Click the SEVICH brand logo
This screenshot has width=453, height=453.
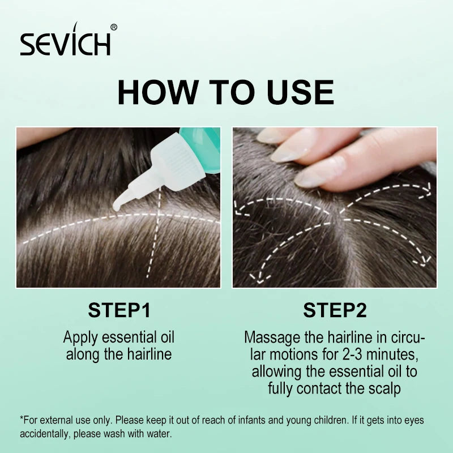pyautogui.click(x=65, y=40)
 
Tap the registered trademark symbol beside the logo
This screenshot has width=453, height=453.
pyautogui.click(x=114, y=27)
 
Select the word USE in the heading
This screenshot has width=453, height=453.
pyautogui.click(x=300, y=92)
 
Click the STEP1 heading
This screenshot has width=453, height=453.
pyautogui.click(x=119, y=310)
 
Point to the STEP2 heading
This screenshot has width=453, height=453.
pyautogui.click(x=335, y=310)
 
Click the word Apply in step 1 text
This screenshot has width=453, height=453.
pyautogui.click(x=80, y=338)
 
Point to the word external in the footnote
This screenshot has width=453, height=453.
pyautogui.click(x=55, y=420)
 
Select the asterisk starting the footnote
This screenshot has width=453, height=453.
pyautogui.click(x=22, y=418)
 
